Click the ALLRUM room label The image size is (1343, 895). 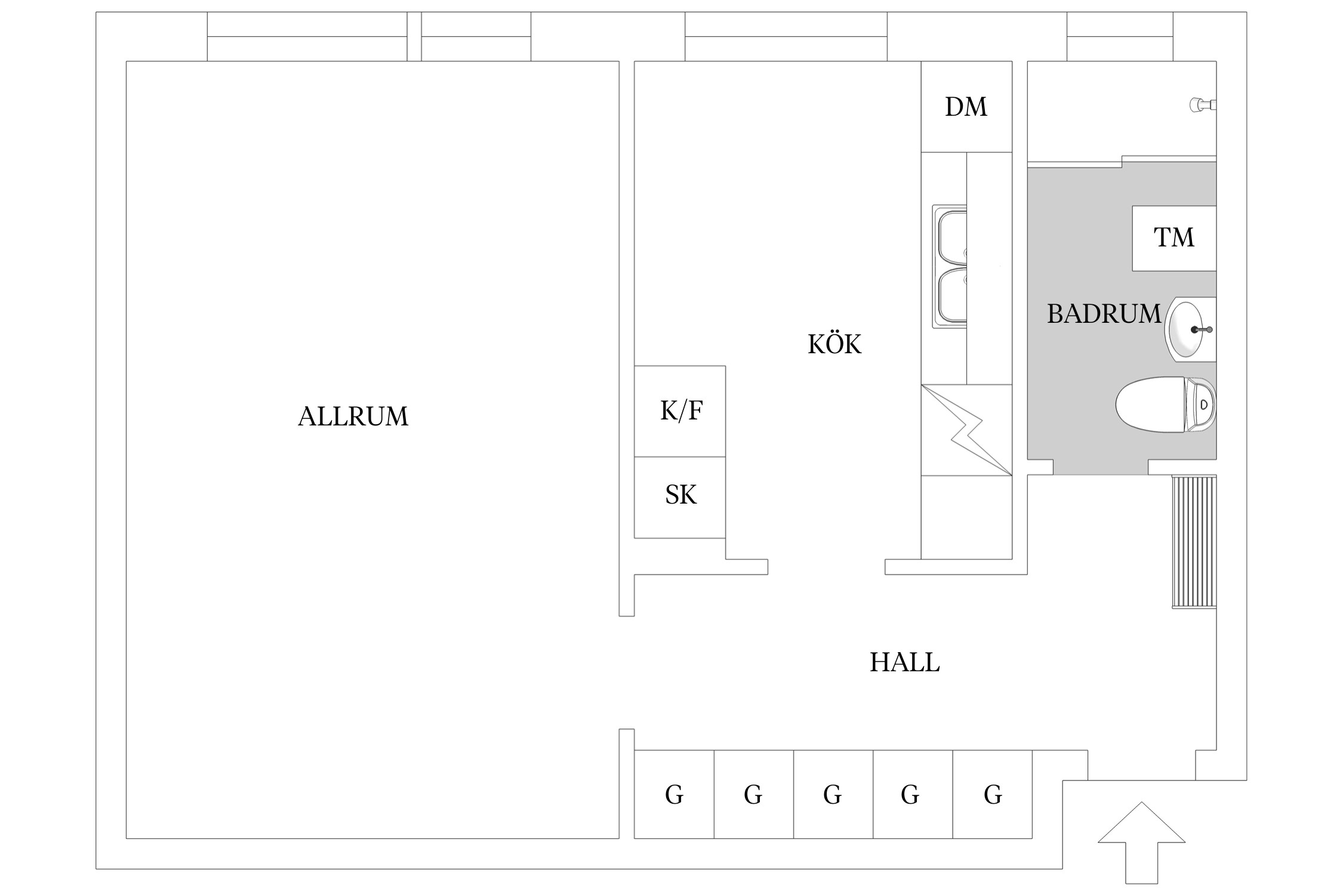(353, 416)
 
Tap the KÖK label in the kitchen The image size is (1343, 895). (834, 344)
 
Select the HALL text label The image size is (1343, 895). (904, 662)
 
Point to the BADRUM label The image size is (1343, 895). (1104, 314)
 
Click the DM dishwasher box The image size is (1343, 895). (966, 107)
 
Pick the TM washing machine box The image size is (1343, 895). (1173, 238)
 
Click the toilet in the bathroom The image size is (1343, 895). (1164, 405)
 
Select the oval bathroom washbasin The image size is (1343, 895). (1188, 329)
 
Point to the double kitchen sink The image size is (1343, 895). (950, 267)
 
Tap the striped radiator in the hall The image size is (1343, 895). (1194, 541)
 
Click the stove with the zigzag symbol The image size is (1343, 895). (966, 430)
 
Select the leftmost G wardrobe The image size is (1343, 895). (674, 794)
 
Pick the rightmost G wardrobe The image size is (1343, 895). (992, 794)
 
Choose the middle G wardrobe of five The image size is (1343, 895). (833, 794)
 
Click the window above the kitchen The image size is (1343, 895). (786, 37)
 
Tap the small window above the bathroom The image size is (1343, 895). (1120, 37)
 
